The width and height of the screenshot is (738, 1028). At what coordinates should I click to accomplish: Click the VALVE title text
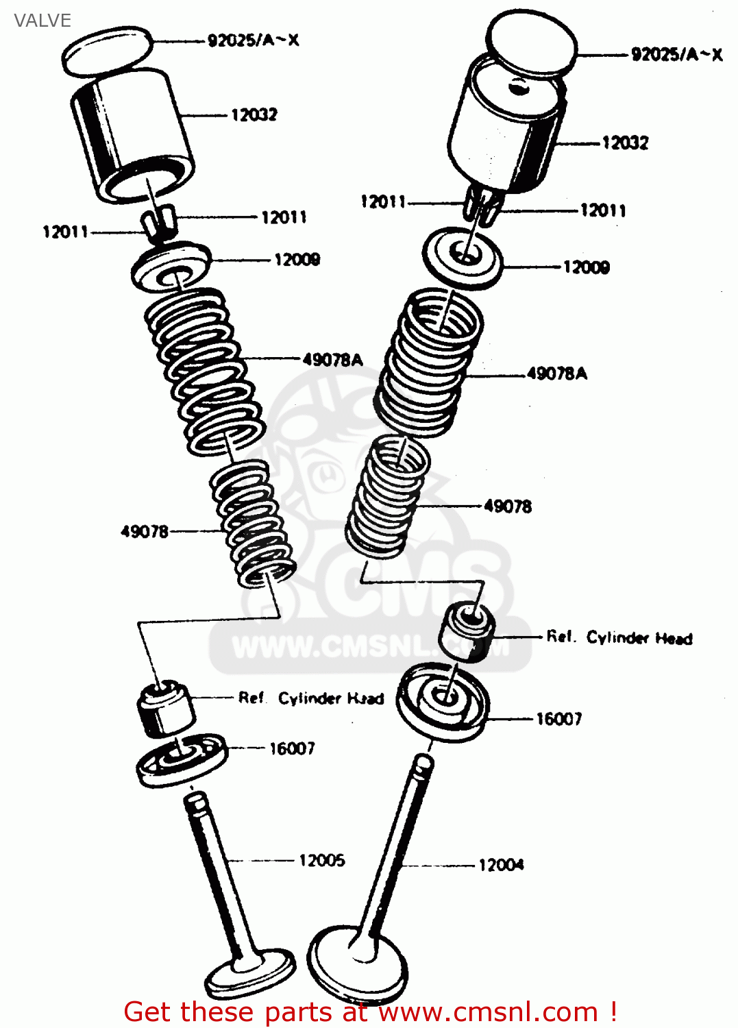(x=42, y=21)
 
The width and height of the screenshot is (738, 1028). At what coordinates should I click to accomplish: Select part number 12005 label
(x=321, y=860)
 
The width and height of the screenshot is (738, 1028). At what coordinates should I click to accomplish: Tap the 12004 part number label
(x=501, y=865)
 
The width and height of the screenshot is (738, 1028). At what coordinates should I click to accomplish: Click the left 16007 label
(x=292, y=748)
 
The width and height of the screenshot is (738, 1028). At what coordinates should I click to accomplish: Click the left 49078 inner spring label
(x=144, y=532)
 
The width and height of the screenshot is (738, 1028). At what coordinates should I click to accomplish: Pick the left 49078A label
(x=332, y=360)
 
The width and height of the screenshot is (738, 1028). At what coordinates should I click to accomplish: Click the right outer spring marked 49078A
(x=429, y=363)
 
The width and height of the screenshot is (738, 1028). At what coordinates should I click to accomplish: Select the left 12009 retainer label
(x=297, y=260)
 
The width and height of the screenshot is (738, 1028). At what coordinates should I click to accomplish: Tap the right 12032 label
(x=625, y=143)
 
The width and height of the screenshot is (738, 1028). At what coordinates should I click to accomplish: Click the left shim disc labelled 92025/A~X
(x=107, y=51)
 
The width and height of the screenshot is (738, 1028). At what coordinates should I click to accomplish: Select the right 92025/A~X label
(x=676, y=55)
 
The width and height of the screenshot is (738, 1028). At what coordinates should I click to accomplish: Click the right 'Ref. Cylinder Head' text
(x=619, y=638)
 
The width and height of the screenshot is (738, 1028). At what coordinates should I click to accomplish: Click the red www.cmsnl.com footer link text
(x=489, y=1012)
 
